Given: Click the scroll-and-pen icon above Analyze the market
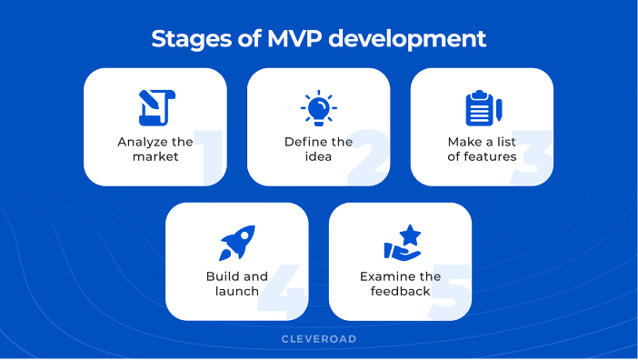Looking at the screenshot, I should pyautogui.click(x=155, y=108).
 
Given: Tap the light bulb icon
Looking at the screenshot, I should pyautogui.click(x=318, y=108).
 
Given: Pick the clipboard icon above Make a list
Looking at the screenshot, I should pyautogui.click(x=481, y=108).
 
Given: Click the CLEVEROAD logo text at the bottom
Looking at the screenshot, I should pyautogui.click(x=318, y=339).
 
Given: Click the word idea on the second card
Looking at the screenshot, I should pyautogui.click(x=318, y=156).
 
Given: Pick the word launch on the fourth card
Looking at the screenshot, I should pyautogui.click(x=236, y=291).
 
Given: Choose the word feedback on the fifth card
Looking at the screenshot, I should pyautogui.click(x=400, y=291).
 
